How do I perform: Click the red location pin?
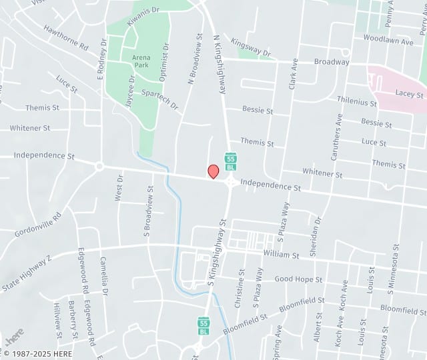pyautogui.click(x=213, y=171)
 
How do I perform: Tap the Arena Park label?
pyautogui.click(x=141, y=61)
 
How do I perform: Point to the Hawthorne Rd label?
pyautogui.click(x=66, y=39)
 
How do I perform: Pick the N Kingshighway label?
pyautogui.click(x=219, y=64)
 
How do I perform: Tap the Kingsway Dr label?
pyautogui.click(x=251, y=47)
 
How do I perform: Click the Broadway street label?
pyautogui.click(x=332, y=62)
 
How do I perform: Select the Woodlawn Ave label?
pyautogui.click(x=388, y=41)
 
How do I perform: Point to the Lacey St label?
pyautogui.click(x=409, y=95)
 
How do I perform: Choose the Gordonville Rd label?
pyautogui.click(x=37, y=225)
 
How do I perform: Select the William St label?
pyautogui.click(x=281, y=255)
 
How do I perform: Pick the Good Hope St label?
pyautogui.click(x=298, y=279)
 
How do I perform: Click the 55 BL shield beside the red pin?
pyautogui.click(x=230, y=161)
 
